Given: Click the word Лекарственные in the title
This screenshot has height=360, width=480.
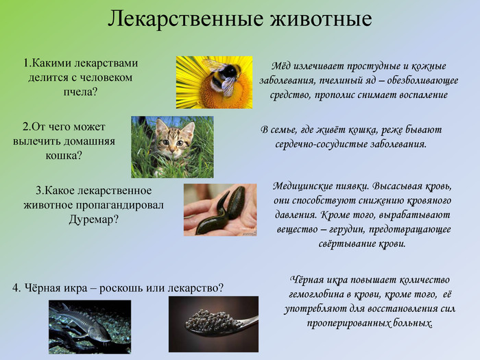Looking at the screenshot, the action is [x=185, y=19].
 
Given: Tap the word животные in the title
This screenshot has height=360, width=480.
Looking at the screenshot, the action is [x=321, y=19].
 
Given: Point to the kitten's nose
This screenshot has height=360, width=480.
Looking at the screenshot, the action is [x=171, y=149].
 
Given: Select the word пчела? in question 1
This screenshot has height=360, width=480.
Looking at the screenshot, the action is [x=80, y=92].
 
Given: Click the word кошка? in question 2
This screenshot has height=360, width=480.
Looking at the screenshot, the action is [x=64, y=156].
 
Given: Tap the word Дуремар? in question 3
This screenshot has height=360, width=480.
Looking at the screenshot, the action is [x=93, y=219].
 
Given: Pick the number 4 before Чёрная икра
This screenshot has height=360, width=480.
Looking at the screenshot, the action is [x=16, y=288].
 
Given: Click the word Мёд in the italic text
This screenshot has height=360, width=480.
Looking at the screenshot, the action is [x=280, y=66].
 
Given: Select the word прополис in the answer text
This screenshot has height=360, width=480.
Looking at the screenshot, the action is [x=335, y=95].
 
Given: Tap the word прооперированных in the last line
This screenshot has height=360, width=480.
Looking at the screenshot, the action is [x=344, y=323].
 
